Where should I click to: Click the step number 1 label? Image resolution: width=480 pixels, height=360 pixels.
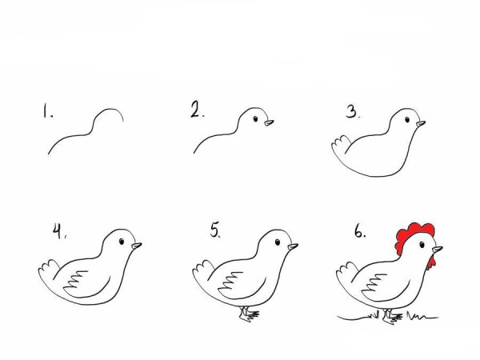[x=47, y=111]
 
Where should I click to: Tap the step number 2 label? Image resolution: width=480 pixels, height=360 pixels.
[x=197, y=110]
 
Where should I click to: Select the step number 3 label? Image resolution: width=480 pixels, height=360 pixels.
[x=353, y=112]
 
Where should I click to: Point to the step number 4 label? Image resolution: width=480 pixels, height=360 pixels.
[x=59, y=231]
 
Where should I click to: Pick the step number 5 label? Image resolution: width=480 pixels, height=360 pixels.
[x=215, y=230]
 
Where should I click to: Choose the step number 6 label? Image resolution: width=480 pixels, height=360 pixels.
[x=360, y=231]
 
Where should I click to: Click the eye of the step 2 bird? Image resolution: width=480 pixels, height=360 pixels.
[x=256, y=118]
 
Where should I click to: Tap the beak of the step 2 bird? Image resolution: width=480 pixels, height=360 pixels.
[x=269, y=122]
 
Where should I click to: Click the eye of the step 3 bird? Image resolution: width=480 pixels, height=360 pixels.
[x=407, y=119]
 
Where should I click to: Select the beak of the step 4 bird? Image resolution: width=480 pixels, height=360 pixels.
[x=137, y=246]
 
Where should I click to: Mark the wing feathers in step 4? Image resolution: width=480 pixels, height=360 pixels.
[x=76, y=279]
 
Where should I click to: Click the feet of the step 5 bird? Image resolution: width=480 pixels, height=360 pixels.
[x=249, y=314]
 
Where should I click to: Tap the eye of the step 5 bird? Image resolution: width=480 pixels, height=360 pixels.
[x=278, y=242]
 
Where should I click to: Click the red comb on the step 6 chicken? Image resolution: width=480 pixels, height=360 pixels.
[x=411, y=236]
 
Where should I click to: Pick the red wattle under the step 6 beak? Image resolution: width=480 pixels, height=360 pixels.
[x=431, y=263]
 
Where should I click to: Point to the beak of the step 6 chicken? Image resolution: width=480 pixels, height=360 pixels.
[x=437, y=249]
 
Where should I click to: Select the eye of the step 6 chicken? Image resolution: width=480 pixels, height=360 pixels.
[x=422, y=245]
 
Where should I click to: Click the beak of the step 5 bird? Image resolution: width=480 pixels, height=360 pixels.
[x=293, y=246]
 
